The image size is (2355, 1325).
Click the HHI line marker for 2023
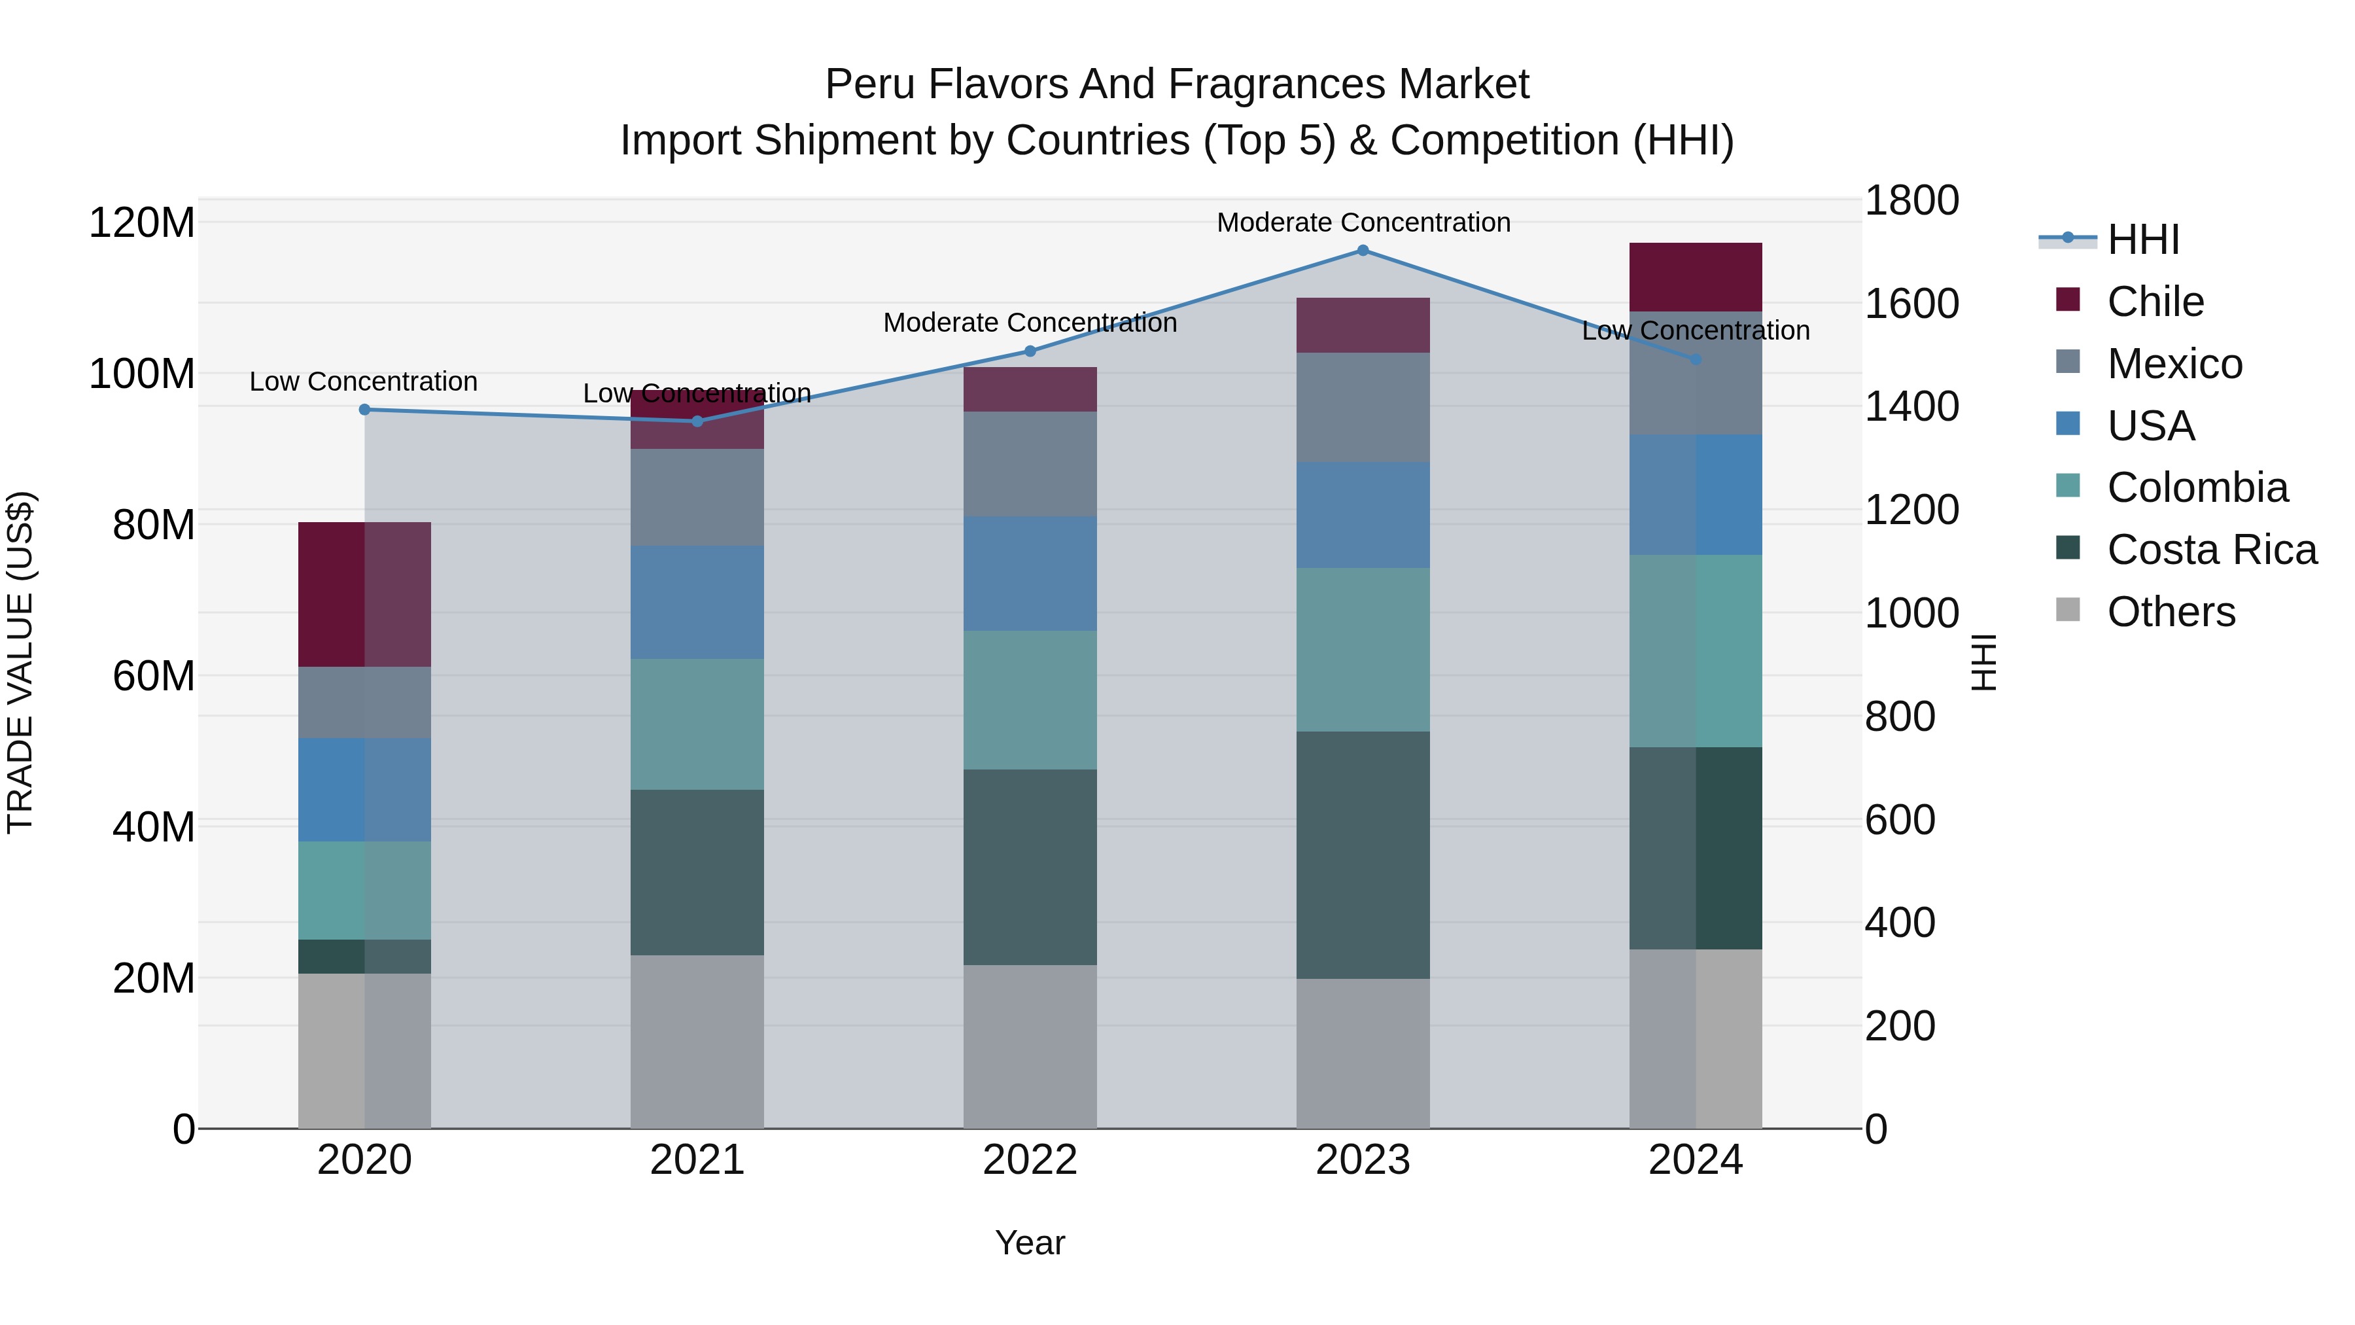tap(1362, 251)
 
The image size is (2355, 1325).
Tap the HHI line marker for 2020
tap(364, 410)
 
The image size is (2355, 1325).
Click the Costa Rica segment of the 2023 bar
tap(1362, 855)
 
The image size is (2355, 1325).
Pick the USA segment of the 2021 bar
tap(697, 603)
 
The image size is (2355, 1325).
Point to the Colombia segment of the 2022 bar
tap(1030, 699)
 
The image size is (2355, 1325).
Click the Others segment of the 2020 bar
tap(364, 1051)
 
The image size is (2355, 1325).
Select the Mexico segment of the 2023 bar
tap(1362, 408)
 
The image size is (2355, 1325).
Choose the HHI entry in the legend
tap(2143, 239)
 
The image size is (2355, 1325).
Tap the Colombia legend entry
tap(2196, 487)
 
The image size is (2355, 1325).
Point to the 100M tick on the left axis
tap(142, 374)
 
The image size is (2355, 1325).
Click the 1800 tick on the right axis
tap(1911, 200)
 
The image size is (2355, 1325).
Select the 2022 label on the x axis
tap(1030, 1160)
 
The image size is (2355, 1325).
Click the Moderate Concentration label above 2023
tap(1362, 222)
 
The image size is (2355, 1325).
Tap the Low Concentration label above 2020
tap(363, 381)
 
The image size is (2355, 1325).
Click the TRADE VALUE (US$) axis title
tap(21, 662)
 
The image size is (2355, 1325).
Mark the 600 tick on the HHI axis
tap(1900, 821)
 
